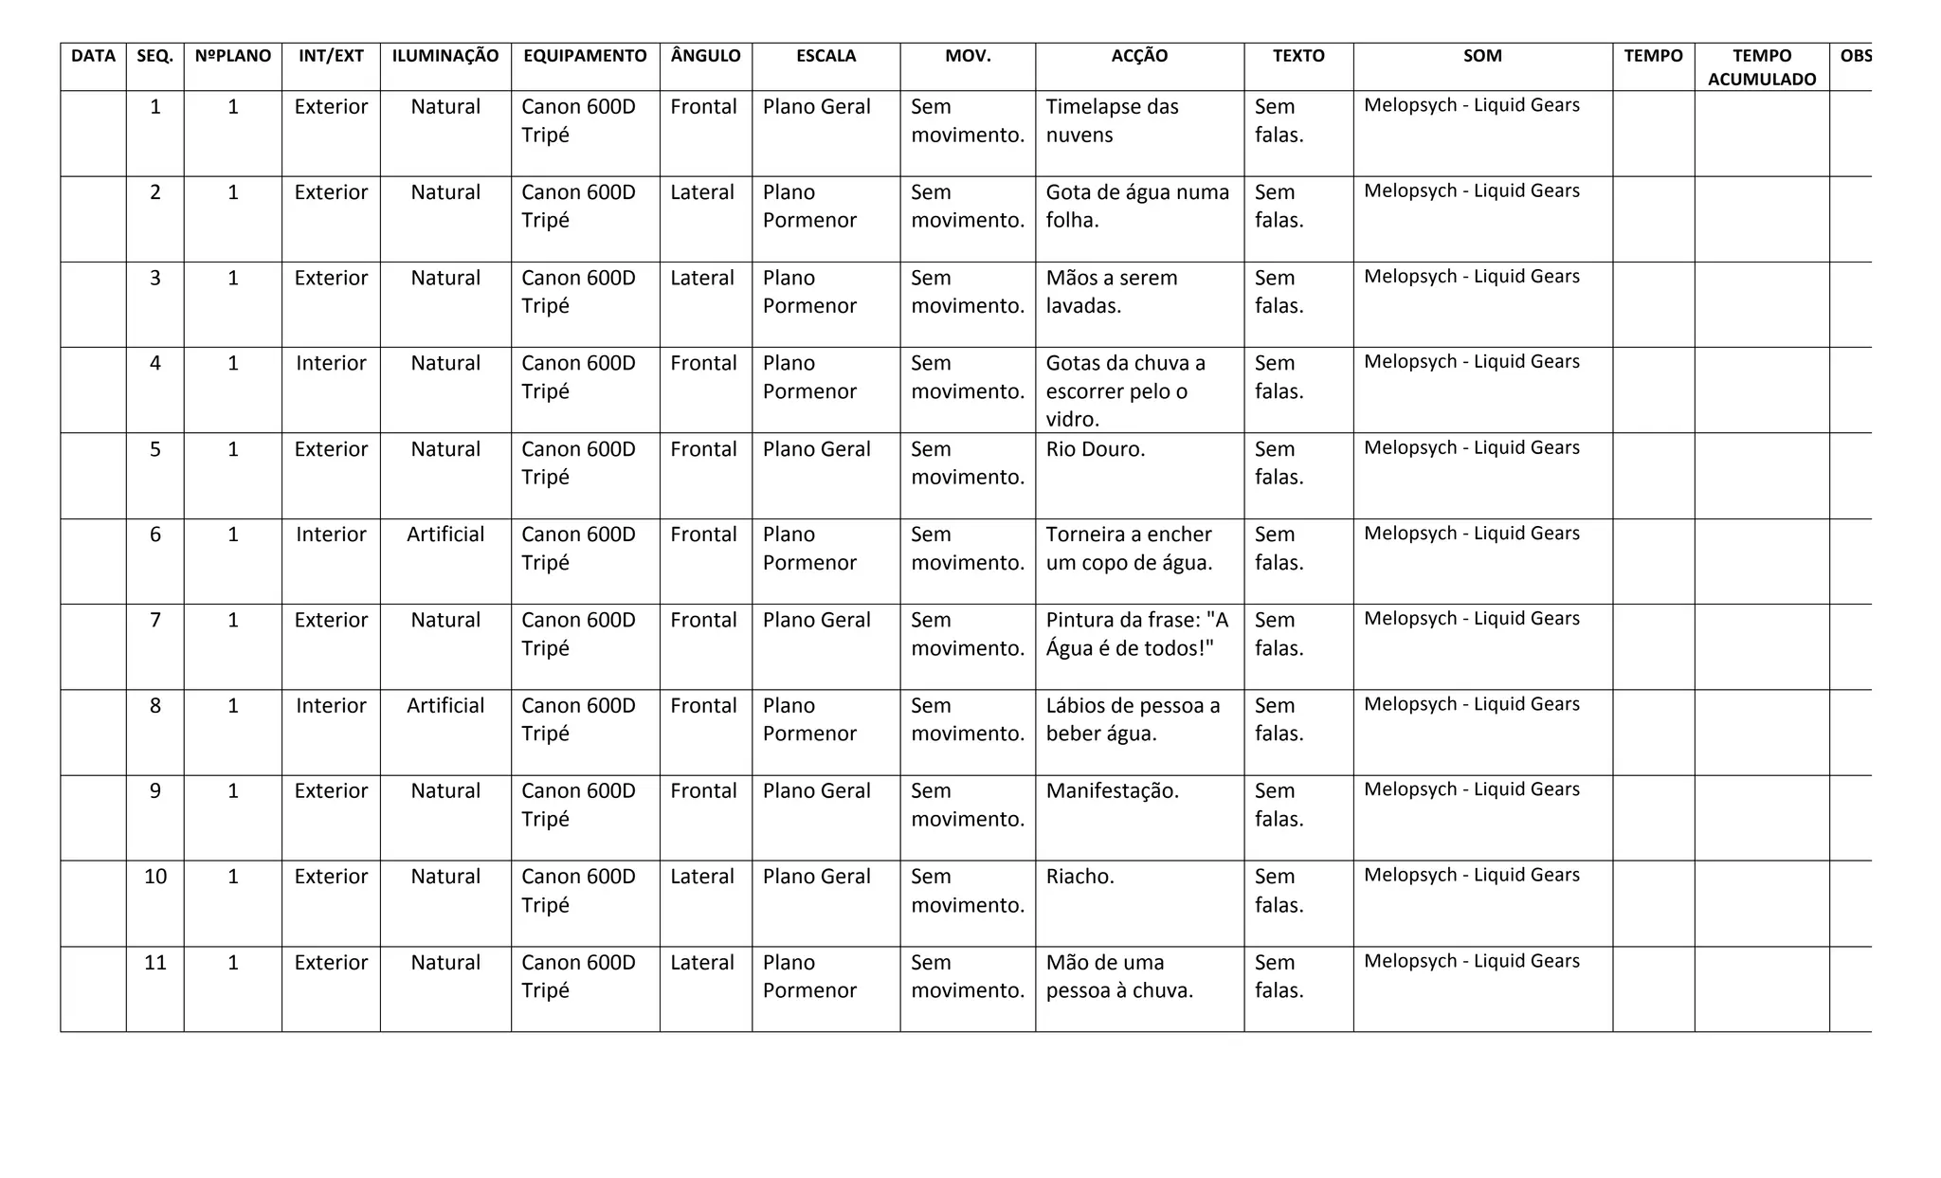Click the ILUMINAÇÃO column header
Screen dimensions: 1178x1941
pyautogui.click(x=444, y=56)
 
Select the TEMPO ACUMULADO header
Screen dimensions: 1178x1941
pyautogui.click(x=1761, y=67)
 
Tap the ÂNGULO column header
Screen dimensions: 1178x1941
pyautogui.click(x=705, y=56)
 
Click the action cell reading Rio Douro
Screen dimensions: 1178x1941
pyautogui.click(x=1095, y=449)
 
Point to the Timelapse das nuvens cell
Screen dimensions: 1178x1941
pyautogui.click(x=1112, y=120)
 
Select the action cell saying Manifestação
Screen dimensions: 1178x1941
pyautogui.click(x=1112, y=791)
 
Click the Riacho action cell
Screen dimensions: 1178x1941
pyautogui.click(x=1079, y=877)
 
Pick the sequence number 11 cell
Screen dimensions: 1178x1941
pyautogui.click(x=155, y=963)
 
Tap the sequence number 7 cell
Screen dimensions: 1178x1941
pyautogui.click(x=155, y=621)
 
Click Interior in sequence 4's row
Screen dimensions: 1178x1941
pyautogui.click(x=331, y=364)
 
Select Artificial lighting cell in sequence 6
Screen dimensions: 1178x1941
pyautogui.click(x=444, y=535)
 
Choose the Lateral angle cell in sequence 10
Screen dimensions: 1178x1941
pyautogui.click(x=701, y=877)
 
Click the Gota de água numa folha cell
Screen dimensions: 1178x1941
pyautogui.click(x=1136, y=206)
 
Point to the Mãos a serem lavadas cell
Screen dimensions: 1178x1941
pyautogui.click(x=1111, y=292)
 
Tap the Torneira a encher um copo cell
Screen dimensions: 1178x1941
pyautogui.click(x=1128, y=549)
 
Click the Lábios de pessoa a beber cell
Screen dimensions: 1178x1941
pyautogui.click(x=1132, y=719)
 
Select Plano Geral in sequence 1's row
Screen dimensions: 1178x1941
pyautogui.click(x=816, y=107)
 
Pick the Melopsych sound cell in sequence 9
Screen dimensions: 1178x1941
pyautogui.click(x=1471, y=789)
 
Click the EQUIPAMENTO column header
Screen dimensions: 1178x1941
pyautogui.click(x=585, y=56)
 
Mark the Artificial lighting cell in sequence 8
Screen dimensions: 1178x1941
pyautogui.click(x=444, y=706)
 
